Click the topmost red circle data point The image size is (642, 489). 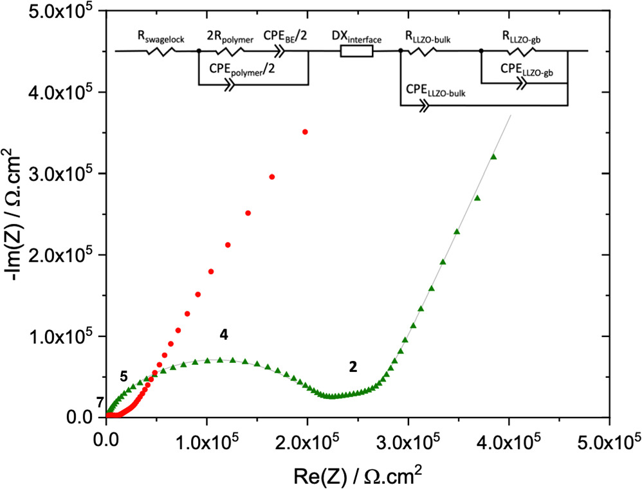pos(305,132)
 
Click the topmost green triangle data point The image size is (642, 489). pos(494,157)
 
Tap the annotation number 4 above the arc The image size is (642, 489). pos(223,335)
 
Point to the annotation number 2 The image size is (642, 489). pos(353,366)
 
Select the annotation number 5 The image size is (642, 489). pos(124,376)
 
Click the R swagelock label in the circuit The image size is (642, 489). pos(161,39)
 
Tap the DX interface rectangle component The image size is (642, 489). pos(356,51)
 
